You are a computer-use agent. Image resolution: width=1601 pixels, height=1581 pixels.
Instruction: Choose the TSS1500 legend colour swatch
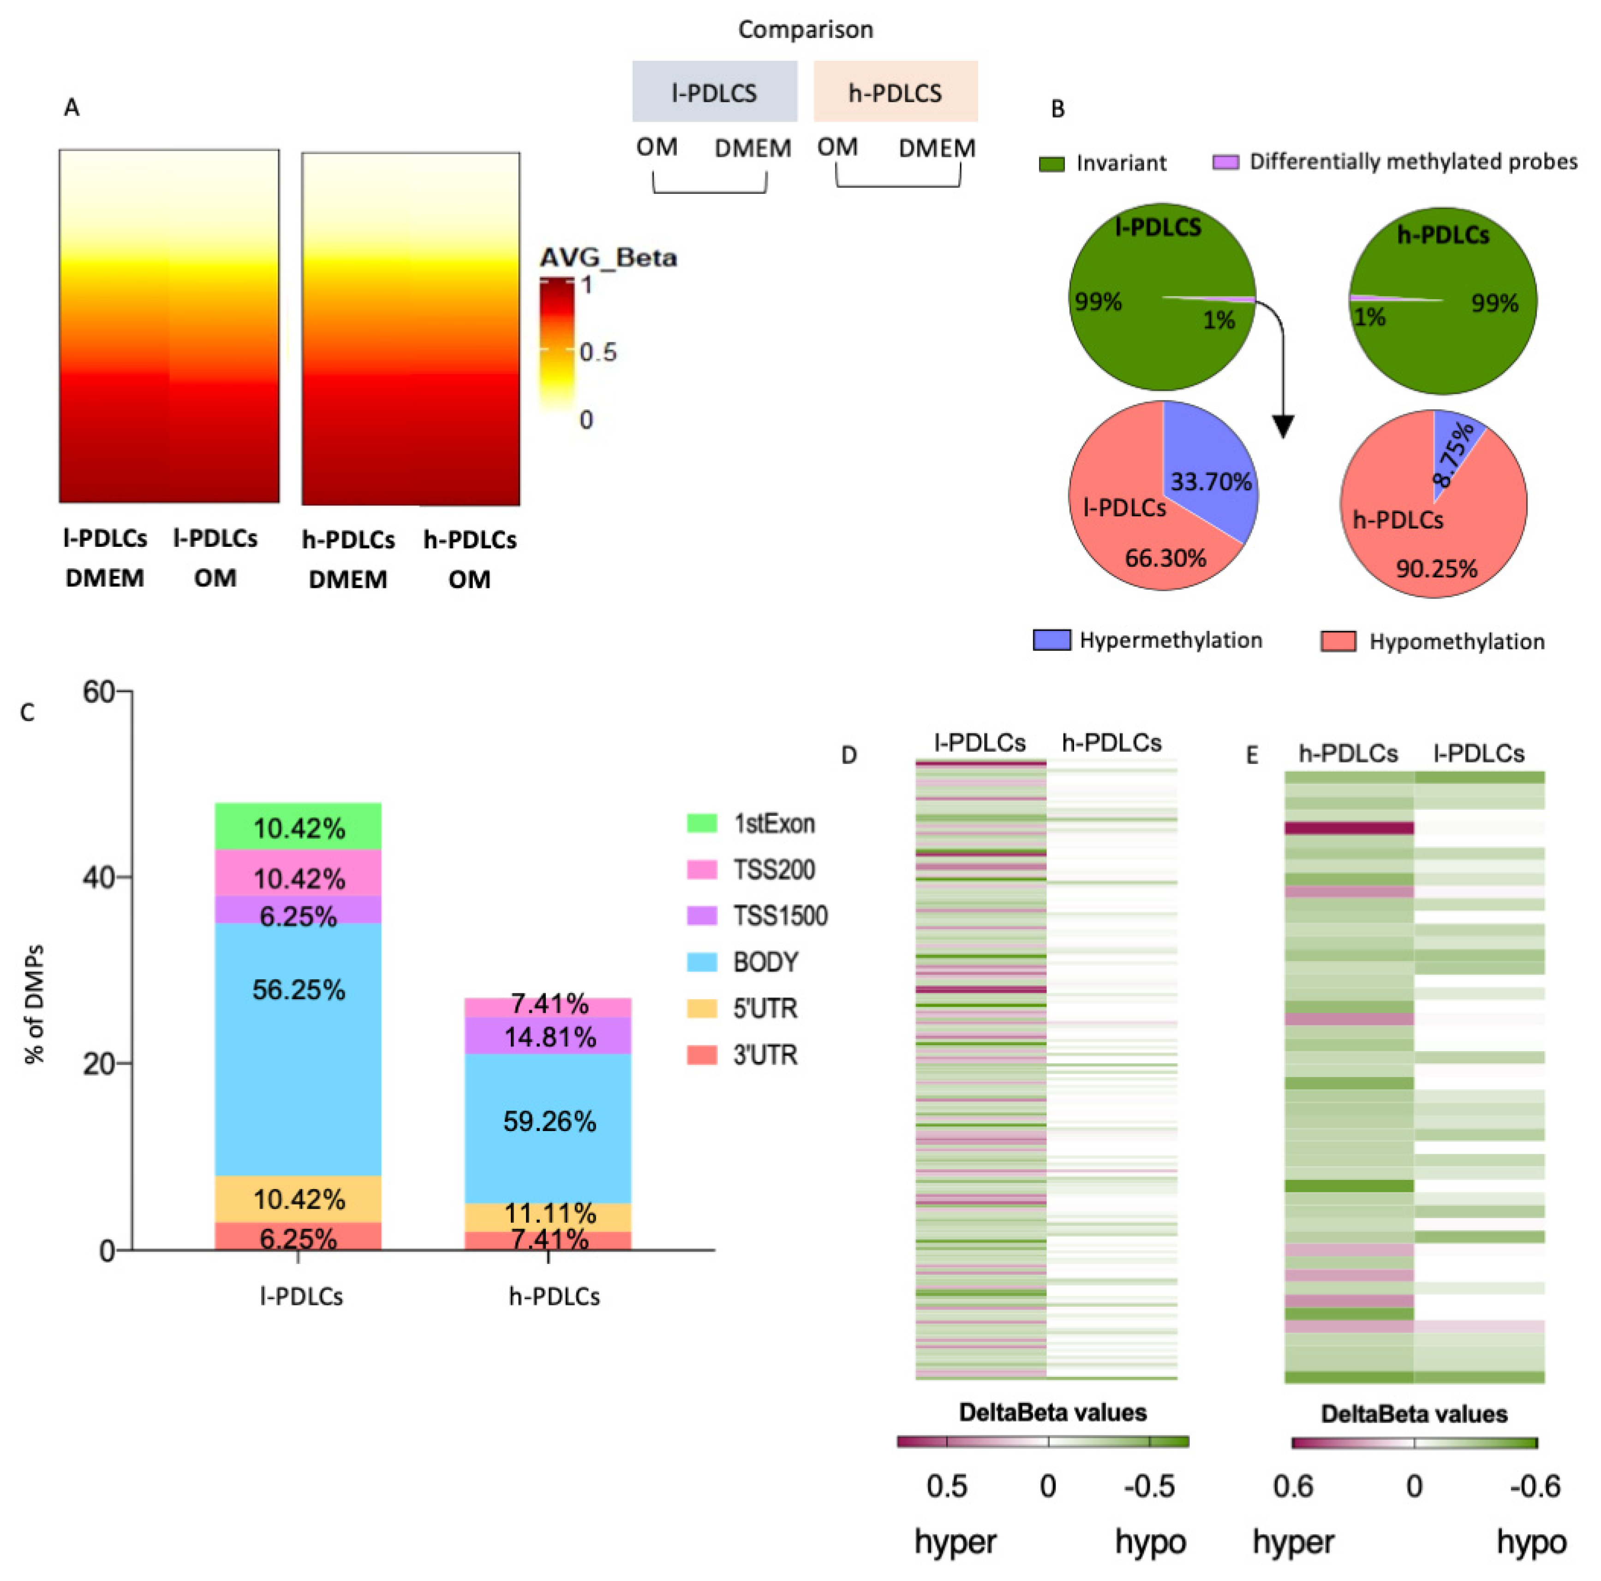point(702,916)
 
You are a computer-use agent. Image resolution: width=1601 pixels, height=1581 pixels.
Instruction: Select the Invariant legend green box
point(1051,163)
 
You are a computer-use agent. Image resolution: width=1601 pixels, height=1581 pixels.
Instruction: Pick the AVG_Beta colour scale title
point(608,258)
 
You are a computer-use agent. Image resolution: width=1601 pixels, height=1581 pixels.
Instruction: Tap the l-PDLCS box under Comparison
point(714,92)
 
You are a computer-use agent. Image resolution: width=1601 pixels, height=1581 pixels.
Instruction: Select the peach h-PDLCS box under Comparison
point(895,92)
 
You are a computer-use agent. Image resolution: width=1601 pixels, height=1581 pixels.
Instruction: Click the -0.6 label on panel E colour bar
point(1535,1486)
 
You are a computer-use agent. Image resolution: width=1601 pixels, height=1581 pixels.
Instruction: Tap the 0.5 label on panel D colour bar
point(946,1486)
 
